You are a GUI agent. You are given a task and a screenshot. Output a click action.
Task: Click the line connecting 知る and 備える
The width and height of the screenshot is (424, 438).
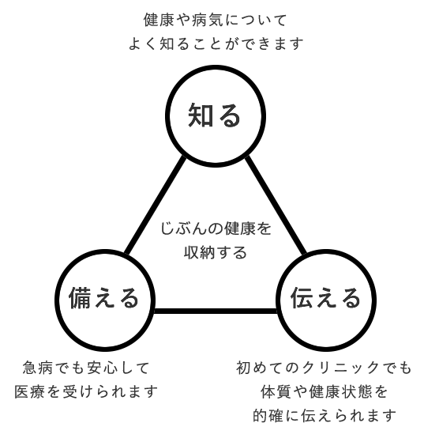coord(155,206)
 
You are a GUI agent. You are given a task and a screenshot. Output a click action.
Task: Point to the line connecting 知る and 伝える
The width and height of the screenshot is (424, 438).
coord(276,206)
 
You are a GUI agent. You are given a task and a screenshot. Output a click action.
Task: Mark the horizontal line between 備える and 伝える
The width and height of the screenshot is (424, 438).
coord(216,311)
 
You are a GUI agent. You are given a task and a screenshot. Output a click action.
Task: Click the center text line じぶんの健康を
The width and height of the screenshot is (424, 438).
coord(216,228)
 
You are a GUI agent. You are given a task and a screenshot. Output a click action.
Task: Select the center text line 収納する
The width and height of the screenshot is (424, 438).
coord(216,252)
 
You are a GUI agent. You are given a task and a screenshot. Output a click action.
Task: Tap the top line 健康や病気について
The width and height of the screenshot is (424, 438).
coord(216,20)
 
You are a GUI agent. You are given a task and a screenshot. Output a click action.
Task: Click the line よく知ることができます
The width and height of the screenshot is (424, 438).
coord(216,43)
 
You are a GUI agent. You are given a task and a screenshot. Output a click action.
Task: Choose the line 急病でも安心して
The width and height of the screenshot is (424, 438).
coord(86,368)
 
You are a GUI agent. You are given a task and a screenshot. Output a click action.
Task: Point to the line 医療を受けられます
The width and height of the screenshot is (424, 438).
coord(86,391)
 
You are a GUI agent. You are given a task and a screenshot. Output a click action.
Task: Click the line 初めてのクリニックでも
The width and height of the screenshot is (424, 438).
coord(324,368)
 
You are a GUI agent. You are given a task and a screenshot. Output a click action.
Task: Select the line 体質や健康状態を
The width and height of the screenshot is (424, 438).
coord(325,391)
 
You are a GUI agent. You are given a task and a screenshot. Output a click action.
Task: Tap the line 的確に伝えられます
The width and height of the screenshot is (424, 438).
coord(325,415)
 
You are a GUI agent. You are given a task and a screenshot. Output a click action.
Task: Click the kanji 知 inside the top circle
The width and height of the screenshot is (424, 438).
coord(201,115)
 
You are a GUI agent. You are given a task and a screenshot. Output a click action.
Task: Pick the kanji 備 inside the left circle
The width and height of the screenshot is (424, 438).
coord(81,298)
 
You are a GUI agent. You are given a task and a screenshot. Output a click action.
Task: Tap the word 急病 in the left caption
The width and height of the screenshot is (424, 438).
coord(37,368)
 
